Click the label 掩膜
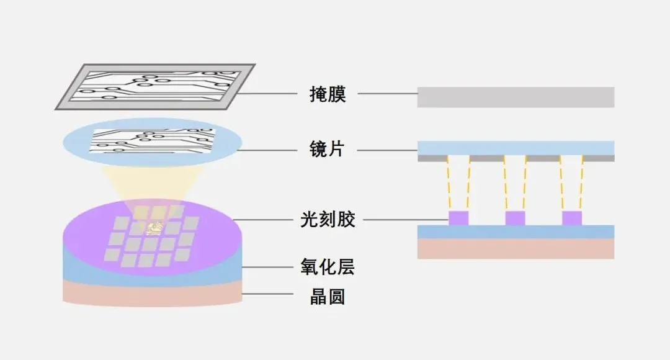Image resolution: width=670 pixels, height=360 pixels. pyautogui.click(x=327, y=95)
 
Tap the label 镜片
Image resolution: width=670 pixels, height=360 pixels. pyautogui.click(x=327, y=150)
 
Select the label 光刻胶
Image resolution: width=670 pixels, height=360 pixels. pyautogui.click(x=332, y=219)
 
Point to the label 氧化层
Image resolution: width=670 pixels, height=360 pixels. pyautogui.click(x=332, y=268)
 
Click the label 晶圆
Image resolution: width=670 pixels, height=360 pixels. pyautogui.click(x=327, y=297)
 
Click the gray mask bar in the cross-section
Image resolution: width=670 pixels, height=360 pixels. pyautogui.click(x=516, y=97)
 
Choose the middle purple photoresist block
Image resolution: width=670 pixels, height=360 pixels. pyautogui.click(x=515, y=218)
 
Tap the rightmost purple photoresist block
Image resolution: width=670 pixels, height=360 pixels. pyautogui.click(x=572, y=218)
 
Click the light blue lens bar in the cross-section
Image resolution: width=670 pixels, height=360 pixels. pyautogui.click(x=516, y=148)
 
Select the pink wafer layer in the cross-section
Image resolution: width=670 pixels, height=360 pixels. pyautogui.click(x=516, y=249)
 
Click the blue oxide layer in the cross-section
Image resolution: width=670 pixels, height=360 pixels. pyautogui.click(x=516, y=232)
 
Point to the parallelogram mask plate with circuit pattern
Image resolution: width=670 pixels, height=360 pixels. pyautogui.click(x=155, y=87)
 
